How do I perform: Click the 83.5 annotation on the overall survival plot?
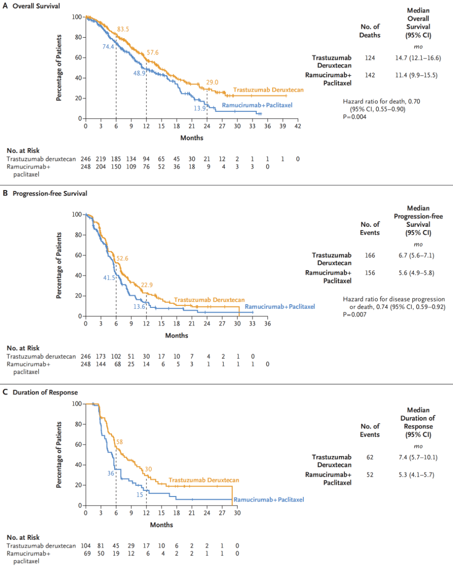(x=123, y=29)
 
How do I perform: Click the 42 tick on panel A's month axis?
(x=298, y=126)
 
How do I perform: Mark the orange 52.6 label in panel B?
(x=123, y=258)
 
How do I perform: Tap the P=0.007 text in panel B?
(x=355, y=315)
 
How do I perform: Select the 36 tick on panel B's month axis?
(x=267, y=324)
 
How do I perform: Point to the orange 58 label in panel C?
(x=120, y=442)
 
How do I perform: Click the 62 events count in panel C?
(x=370, y=457)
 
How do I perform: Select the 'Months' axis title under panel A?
(x=192, y=138)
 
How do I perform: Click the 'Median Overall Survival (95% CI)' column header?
(x=418, y=23)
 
